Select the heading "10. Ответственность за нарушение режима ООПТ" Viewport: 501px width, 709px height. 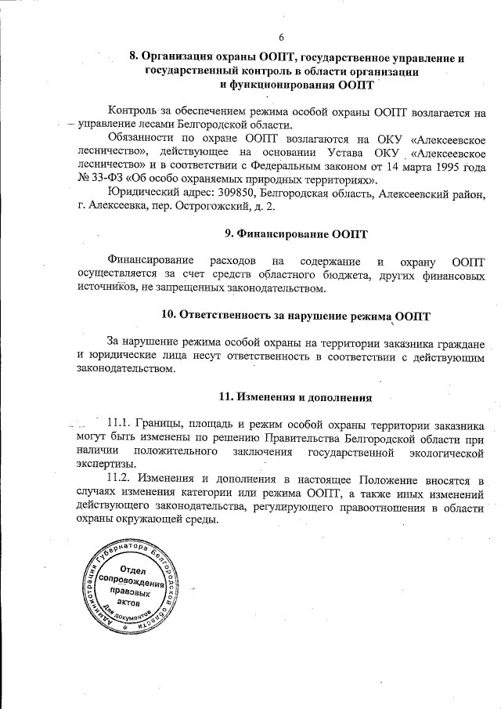[295, 316]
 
